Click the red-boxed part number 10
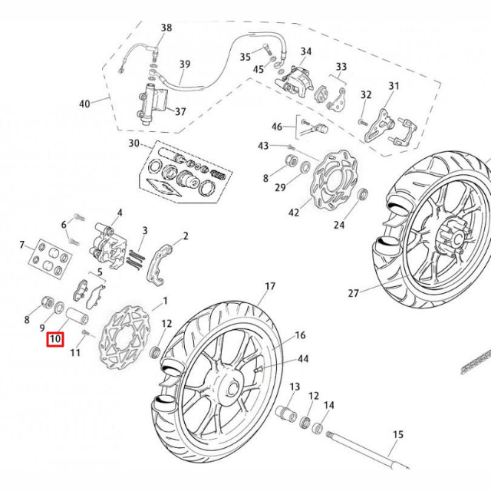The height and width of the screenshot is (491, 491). (x=54, y=338)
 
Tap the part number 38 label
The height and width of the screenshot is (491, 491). (x=166, y=28)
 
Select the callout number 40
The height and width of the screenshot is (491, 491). (x=84, y=104)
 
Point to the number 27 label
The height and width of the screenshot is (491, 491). (x=353, y=292)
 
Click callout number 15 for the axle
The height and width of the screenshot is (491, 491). (x=397, y=435)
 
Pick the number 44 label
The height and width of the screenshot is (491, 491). (x=303, y=358)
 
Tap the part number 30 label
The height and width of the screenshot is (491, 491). (x=134, y=143)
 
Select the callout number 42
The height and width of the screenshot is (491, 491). (x=293, y=213)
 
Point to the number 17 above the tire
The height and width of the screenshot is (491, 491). (x=269, y=287)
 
